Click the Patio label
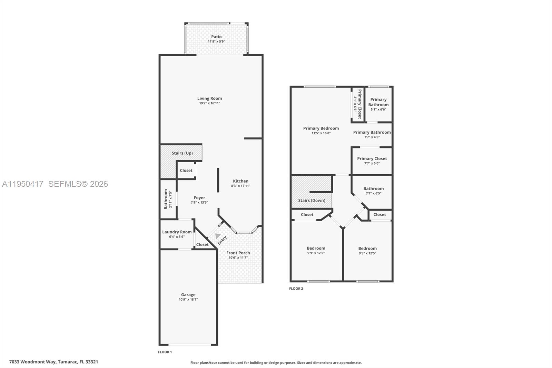pos(216,37)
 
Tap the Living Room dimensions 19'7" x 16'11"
pos(209,103)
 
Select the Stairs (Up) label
pos(182,153)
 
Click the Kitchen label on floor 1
pos(240,181)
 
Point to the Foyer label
pos(199,198)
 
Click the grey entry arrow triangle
pos(217,236)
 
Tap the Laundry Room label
pos(177,232)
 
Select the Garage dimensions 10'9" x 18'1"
pos(188,299)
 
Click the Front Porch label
pos(238,253)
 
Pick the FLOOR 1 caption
pos(165,352)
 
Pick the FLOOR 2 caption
pos(296,288)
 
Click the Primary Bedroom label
pos(321,128)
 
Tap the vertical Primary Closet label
pos(359,104)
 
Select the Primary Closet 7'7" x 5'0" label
pos(372,159)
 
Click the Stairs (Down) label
pos(312,200)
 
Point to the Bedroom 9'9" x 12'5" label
pos(316,248)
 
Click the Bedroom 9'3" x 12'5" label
pos(367,249)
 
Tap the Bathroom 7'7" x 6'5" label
pos(373,188)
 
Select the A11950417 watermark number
pos(23,184)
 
